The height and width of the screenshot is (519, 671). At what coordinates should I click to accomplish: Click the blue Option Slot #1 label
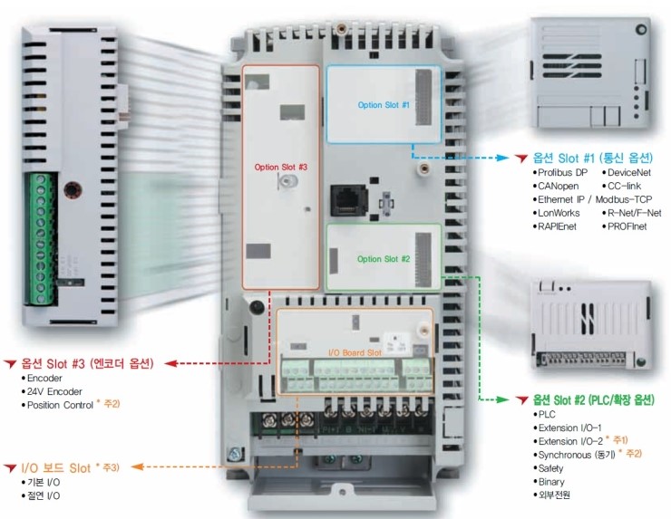(384, 105)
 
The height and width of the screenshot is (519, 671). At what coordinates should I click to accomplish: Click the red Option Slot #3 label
(280, 167)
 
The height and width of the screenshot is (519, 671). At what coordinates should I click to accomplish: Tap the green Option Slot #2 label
(384, 259)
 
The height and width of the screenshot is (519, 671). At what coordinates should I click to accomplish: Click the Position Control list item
(69, 404)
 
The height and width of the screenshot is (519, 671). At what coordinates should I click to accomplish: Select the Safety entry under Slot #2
(550, 468)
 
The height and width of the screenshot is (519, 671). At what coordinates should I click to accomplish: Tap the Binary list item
(550, 482)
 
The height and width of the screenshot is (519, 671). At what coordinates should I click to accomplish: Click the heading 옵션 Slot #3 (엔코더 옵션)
(87, 362)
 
